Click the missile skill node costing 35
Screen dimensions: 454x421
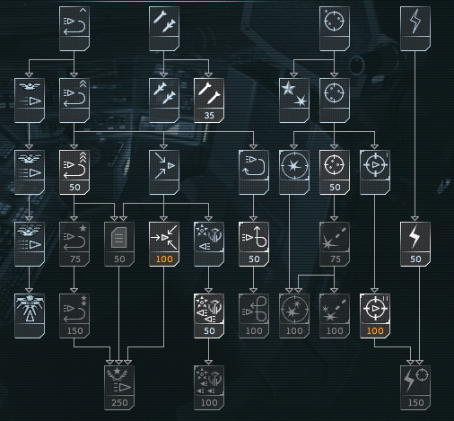209,101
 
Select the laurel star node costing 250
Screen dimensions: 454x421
119,388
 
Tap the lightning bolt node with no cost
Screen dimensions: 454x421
415,29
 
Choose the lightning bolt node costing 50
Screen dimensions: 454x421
415,244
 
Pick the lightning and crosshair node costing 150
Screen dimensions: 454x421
415,388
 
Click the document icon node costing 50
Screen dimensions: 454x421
119,244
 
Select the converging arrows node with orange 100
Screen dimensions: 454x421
164,244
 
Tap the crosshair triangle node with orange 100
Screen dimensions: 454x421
375,316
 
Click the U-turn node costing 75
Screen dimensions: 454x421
74,244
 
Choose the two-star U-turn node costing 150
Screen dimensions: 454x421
74,316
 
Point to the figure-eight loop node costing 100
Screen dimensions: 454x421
254,316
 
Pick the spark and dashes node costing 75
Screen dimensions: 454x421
335,244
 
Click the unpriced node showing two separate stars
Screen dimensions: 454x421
294,101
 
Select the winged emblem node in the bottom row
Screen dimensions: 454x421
30,316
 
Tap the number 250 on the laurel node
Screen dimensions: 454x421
119,403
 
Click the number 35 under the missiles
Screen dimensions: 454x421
209,116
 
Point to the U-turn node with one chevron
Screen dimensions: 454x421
74,29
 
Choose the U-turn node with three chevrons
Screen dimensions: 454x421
74,172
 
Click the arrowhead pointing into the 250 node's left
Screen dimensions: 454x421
110,362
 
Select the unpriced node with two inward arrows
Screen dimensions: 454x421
164,172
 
